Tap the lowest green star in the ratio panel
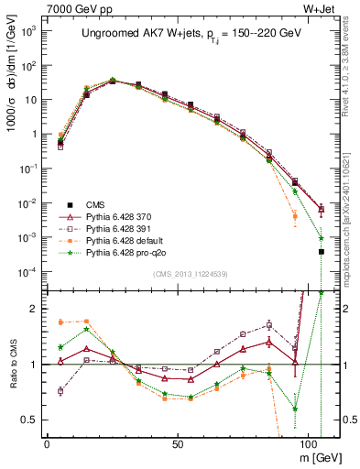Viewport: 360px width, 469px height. [x=295, y=409]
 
